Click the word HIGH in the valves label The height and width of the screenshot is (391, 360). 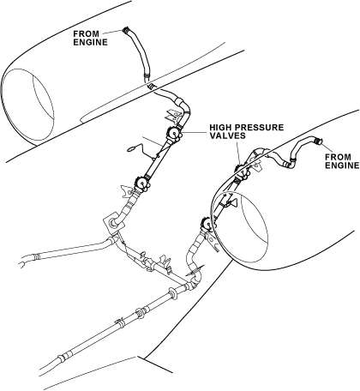220,128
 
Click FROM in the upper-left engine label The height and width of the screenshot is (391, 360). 86,33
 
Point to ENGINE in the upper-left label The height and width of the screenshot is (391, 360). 90,42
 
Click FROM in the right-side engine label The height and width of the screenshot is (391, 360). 338,157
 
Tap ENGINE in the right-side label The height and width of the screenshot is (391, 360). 342,165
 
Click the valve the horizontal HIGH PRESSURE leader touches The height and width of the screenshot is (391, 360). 174,134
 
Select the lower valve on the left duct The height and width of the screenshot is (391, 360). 141,183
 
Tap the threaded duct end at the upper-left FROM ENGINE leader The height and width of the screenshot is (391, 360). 126,30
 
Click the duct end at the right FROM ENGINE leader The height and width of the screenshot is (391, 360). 317,141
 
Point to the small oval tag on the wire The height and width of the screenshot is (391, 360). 132,148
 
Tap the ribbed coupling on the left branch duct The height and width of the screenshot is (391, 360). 36,256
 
